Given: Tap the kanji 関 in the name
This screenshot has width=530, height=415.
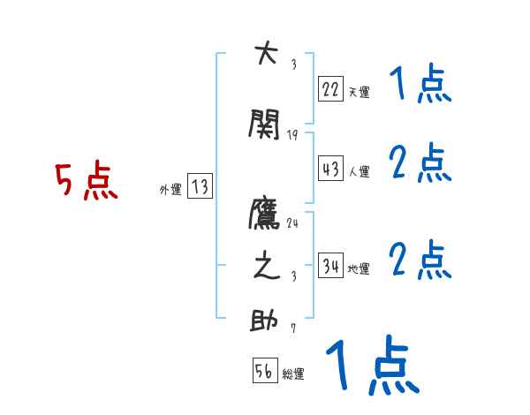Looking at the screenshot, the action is click(266, 125).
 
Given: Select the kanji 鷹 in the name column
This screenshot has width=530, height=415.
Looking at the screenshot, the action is click(266, 213).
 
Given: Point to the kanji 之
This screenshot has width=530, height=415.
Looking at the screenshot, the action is click(266, 266).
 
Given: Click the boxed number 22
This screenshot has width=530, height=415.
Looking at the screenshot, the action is click(330, 88).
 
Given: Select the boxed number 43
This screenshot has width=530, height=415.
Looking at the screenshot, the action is click(330, 169).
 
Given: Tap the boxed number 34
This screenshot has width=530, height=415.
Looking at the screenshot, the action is click(331, 267).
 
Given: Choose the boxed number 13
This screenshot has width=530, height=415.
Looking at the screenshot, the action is click(200, 186).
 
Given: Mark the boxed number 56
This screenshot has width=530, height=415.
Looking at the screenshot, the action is click(264, 372).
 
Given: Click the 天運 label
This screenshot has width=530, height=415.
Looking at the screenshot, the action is click(359, 91).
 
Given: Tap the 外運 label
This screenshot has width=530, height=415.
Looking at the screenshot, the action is click(170, 189).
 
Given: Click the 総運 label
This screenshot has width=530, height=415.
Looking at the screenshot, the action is click(292, 374).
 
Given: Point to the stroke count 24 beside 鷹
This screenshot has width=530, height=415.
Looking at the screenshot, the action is click(293, 223).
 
